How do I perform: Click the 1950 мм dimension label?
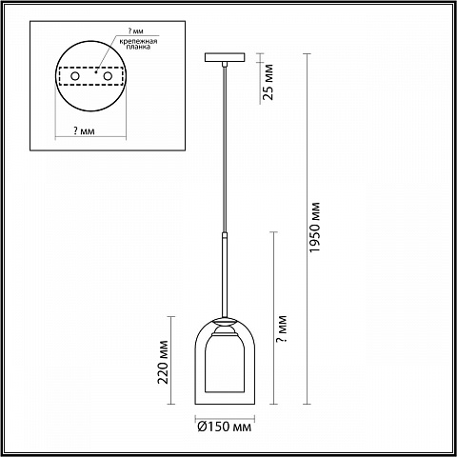pyautogui.click(x=314, y=228)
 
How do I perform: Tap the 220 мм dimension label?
pyautogui.click(x=163, y=362)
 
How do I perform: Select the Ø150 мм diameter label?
pyautogui.click(x=224, y=427)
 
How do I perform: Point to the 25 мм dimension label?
pyautogui.click(x=268, y=82)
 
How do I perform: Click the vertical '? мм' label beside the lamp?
pyautogui.click(x=282, y=328)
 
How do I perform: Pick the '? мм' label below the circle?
pyautogui.click(x=84, y=130)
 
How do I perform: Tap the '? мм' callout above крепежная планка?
pyautogui.click(x=135, y=30)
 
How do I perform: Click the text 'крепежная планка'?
pyautogui.click(x=138, y=44)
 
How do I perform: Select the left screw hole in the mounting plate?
pyautogui.click(x=75, y=76)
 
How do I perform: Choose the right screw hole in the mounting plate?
pyautogui.click(x=108, y=76)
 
